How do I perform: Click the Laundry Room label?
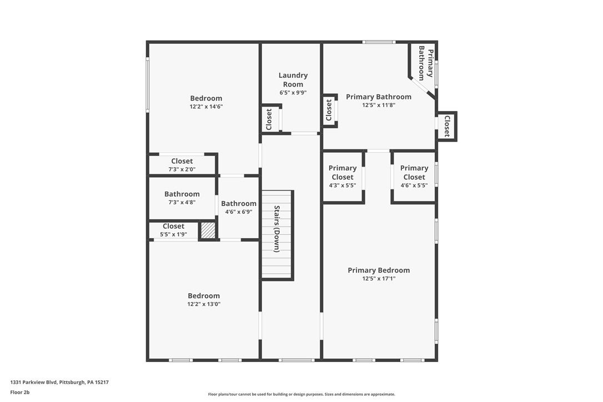tap(293, 79)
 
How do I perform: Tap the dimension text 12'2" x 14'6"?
tap(206, 107)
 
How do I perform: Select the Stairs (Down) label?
tap(277, 229)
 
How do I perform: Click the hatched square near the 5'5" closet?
tap(208, 230)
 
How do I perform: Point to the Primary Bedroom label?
tap(379, 270)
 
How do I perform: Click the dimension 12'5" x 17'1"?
tap(379, 279)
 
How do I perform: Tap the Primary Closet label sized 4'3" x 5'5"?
tap(343, 172)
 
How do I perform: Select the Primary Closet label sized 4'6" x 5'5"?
tap(414, 172)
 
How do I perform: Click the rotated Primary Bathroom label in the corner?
tap(425, 63)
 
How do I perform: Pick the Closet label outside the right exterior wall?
tap(446, 126)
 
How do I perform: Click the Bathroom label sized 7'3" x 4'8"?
tap(182, 194)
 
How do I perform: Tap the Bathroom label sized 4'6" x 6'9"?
tap(239, 204)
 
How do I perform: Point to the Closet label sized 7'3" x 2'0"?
tap(182, 161)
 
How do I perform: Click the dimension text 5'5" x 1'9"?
tap(173, 234)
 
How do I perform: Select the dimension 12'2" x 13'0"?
tap(204, 304)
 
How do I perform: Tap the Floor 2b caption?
tap(19, 392)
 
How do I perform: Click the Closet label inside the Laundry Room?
tap(269, 119)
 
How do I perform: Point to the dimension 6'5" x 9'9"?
tap(293, 93)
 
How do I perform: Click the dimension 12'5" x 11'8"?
tap(379, 105)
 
